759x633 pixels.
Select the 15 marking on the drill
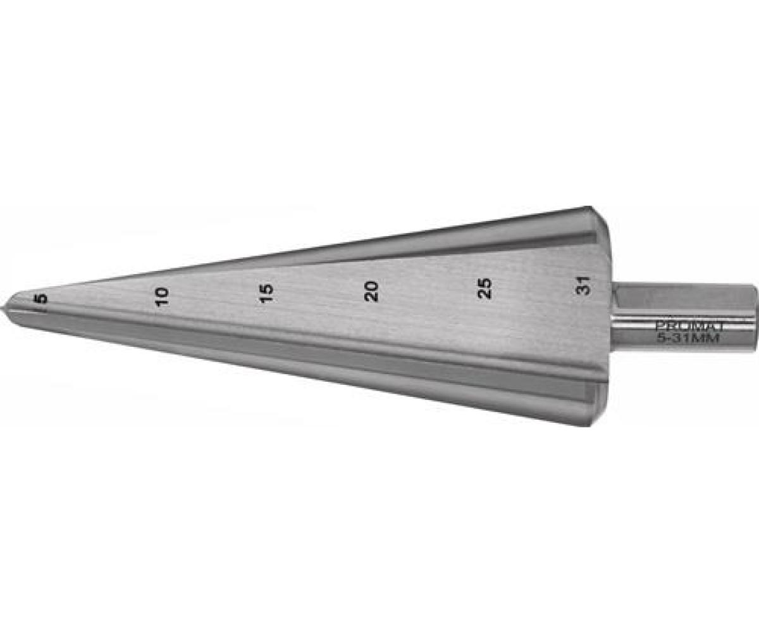266,293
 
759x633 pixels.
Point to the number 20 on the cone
371,291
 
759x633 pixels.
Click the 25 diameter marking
484,288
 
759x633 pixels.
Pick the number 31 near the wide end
586,286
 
